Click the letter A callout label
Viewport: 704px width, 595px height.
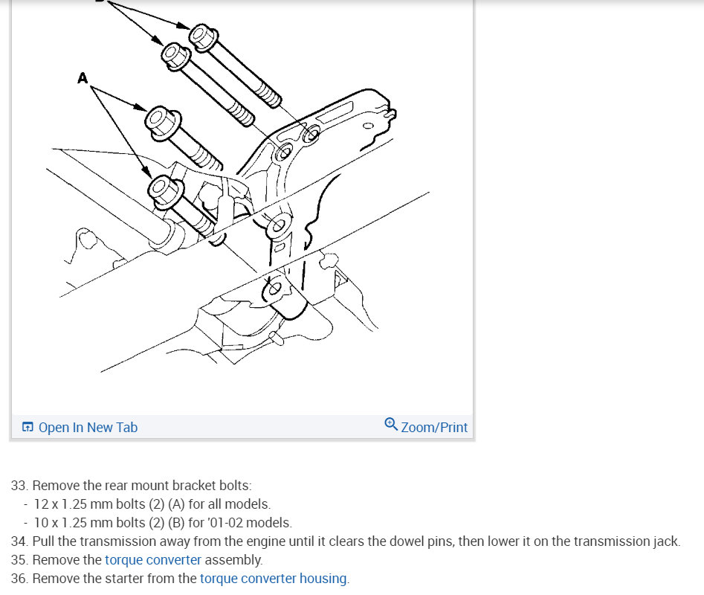click(83, 78)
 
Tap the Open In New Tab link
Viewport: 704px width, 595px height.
click(88, 427)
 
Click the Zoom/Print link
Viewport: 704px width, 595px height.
click(434, 427)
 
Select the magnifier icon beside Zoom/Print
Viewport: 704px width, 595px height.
click(391, 425)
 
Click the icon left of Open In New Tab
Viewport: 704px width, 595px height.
click(28, 427)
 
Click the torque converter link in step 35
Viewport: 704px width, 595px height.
click(153, 560)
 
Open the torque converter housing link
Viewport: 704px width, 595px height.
click(274, 579)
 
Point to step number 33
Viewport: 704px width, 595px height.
click(19, 486)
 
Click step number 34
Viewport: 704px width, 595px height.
click(19, 541)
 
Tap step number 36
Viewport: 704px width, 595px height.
click(19, 579)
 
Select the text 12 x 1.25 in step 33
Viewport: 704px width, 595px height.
click(60, 504)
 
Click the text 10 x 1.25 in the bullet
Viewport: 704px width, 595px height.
click(60, 523)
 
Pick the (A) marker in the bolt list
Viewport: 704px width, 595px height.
click(176, 504)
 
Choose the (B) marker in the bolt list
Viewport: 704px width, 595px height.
click(176, 523)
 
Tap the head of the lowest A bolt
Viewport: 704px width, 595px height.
click(164, 192)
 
